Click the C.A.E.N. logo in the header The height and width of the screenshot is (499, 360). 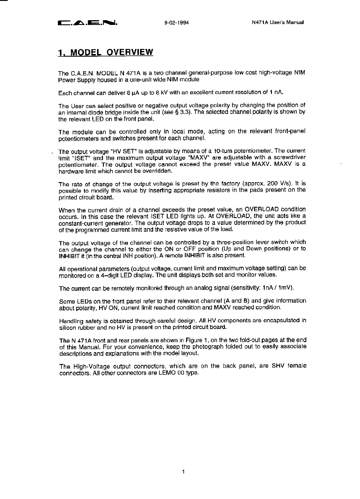[x=88, y=23]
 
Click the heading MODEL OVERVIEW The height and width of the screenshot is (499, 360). [x=106, y=53]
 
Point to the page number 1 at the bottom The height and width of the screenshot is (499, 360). [x=183, y=471]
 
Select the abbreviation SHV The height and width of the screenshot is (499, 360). [x=278, y=366]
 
